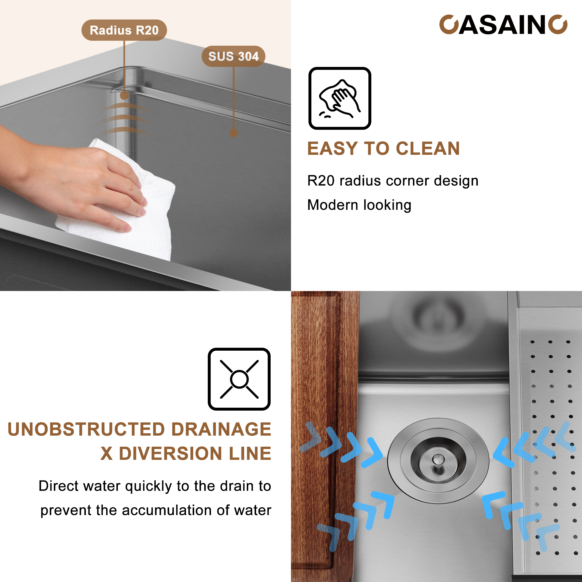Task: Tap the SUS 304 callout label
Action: tap(233, 56)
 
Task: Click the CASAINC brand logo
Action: tap(503, 25)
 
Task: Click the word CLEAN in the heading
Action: tap(427, 148)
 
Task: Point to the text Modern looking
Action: tap(359, 205)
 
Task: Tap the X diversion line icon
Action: tap(239, 379)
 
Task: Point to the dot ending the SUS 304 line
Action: tap(233, 133)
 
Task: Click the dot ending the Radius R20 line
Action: tap(124, 96)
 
